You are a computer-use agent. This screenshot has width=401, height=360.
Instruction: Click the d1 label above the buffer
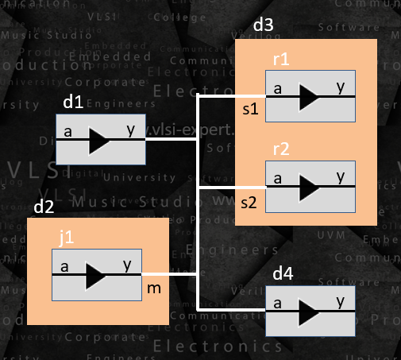tap(72, 103)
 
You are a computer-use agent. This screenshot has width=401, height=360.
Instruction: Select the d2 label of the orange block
tap(44, 207)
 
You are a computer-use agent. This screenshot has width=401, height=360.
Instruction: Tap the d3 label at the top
tap(264, 27)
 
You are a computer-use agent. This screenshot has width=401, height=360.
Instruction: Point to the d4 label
tap(283, 275)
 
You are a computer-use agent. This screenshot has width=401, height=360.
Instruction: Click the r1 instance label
tap(280, 60)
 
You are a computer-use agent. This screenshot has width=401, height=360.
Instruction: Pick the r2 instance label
tap(280, 150)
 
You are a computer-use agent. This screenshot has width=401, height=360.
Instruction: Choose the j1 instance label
tap(66, 237)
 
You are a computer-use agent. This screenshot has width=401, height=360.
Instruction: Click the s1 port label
tap(249, 110)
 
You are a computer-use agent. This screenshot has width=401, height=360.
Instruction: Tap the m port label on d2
tap(155, 287)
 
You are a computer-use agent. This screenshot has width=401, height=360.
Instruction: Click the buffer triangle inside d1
tap(101, 140)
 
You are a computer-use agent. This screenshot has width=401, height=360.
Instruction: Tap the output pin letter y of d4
tap(341, 301)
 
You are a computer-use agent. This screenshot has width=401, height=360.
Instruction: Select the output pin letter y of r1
tap(341, 86)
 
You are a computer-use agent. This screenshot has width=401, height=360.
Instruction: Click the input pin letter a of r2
tap(277, 177)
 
